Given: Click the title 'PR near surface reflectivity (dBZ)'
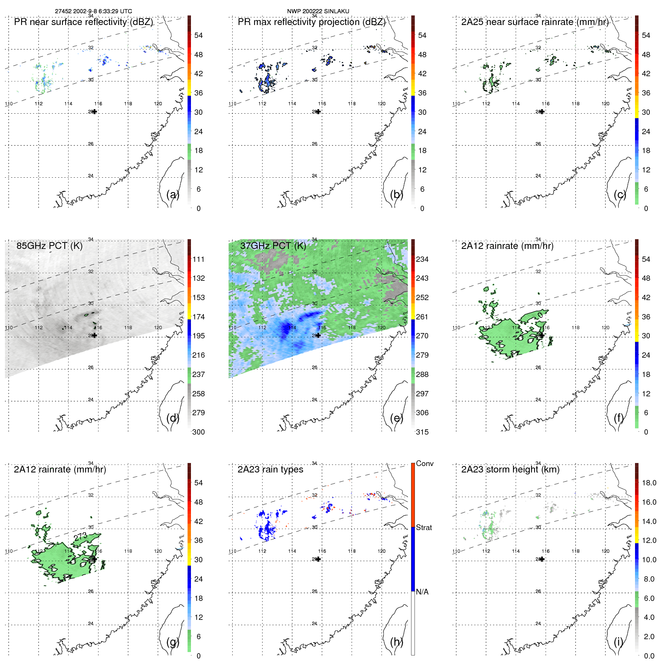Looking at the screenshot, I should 83,22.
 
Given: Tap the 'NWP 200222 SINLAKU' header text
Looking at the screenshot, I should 318,11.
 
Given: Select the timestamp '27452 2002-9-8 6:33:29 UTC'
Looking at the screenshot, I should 94,11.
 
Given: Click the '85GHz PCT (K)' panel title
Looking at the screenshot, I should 49,246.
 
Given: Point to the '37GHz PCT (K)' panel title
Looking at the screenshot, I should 273,246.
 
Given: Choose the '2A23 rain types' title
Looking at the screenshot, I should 270,469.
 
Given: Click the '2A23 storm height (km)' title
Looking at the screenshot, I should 510,469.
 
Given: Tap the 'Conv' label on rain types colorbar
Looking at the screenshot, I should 425,463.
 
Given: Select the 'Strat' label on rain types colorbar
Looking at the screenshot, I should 424,527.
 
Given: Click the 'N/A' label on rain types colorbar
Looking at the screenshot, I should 422,592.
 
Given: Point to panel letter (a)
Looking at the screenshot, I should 173,195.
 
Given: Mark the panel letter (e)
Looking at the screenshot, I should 396,418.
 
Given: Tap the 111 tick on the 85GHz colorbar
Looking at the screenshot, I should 199,259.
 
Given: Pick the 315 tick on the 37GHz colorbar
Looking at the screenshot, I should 422,432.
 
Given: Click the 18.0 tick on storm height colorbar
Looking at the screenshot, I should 649,483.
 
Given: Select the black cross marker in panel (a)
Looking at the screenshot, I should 94,112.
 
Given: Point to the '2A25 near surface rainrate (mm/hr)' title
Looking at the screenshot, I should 535,22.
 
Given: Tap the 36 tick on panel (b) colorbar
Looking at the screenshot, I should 422,93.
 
